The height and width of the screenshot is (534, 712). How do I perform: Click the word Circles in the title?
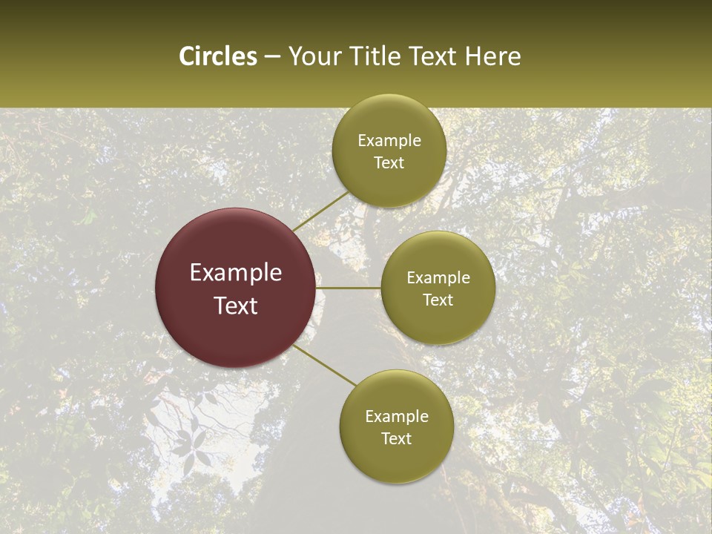point(218,56)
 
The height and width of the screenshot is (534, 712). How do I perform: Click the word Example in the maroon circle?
point(236,273)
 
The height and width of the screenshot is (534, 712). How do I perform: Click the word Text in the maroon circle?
point(236,306)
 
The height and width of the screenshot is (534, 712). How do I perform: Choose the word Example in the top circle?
point(389,141)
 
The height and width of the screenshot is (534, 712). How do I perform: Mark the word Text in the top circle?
point(389,163)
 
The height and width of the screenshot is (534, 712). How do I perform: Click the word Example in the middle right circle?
point(438,278)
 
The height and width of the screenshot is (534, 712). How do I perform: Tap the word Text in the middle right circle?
point(438,300)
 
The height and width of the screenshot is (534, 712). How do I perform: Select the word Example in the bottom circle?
point(397,417)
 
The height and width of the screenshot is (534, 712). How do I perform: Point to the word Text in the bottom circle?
point(396,439)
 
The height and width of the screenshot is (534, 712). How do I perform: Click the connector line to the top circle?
point(320,211)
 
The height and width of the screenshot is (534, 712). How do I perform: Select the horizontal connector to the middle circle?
point(348,288)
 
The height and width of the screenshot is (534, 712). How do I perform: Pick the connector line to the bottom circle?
point(325,365)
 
